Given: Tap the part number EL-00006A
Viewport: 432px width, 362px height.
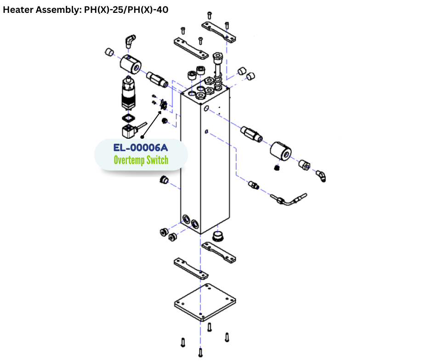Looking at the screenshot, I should [141, 148].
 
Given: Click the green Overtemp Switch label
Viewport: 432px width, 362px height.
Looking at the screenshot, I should [141, 160].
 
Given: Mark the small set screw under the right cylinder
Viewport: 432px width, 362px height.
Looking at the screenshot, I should [277, 167].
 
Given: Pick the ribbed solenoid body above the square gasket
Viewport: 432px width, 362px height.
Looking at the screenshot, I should [128, 95].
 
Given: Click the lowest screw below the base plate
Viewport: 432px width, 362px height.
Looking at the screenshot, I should [200, 352].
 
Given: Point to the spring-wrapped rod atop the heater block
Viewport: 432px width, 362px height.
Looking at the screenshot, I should [218, 71].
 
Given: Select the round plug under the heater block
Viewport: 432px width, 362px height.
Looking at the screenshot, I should [218, 237].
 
